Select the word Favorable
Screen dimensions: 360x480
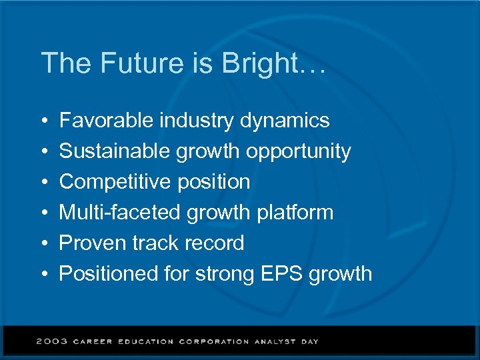(107, 121)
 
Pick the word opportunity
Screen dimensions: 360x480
(298, 152)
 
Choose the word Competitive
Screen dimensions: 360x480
(114, 182)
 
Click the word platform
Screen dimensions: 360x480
(293, 213)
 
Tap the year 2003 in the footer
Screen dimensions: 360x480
(52, 341)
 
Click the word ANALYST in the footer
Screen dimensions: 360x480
(274, 341)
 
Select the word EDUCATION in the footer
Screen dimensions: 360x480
(145, 341)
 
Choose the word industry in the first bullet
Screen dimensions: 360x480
(196, 121)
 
